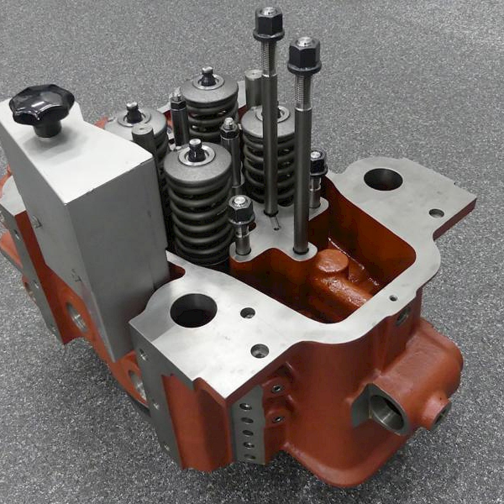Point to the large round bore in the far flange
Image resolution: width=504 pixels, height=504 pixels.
383,179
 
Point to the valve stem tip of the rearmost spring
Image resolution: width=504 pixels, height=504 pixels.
207,76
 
